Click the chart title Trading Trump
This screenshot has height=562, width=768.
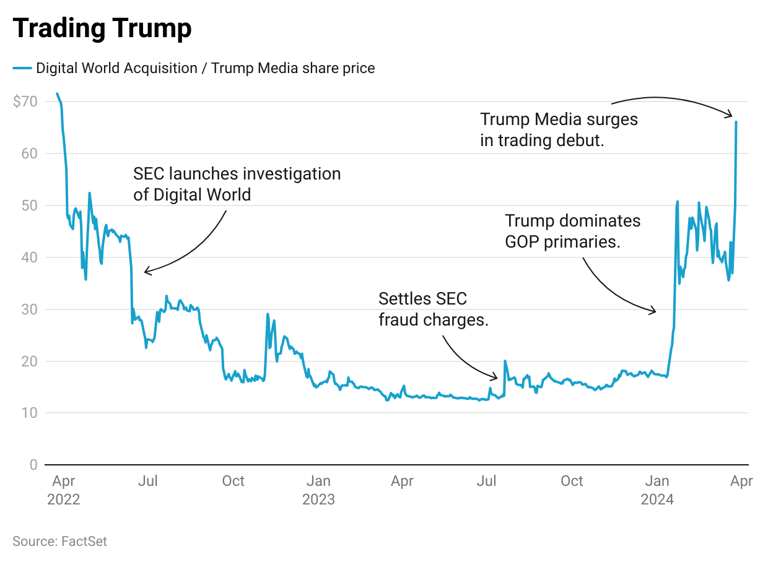[102, 29]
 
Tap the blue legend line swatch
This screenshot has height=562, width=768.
[22, 68]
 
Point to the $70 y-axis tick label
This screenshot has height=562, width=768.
[25, 101]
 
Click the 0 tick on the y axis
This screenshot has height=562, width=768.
[33, 465]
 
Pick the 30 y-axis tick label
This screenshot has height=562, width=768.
[30, 309]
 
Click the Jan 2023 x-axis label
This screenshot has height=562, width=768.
[318, 490]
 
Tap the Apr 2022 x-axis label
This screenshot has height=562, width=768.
[64, 490]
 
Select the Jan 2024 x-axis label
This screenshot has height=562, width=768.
[657, 490]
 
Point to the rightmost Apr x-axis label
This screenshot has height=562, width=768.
[741, 481]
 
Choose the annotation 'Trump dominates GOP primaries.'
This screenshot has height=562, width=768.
[572, 231]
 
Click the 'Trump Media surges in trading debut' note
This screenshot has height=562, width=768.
[559, 129]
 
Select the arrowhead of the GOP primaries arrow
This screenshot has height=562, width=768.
[654, 311]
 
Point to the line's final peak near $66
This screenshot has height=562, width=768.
[736, 122]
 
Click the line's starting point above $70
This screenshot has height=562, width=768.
[57, 93]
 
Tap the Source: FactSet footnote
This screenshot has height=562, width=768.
[59, 542]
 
